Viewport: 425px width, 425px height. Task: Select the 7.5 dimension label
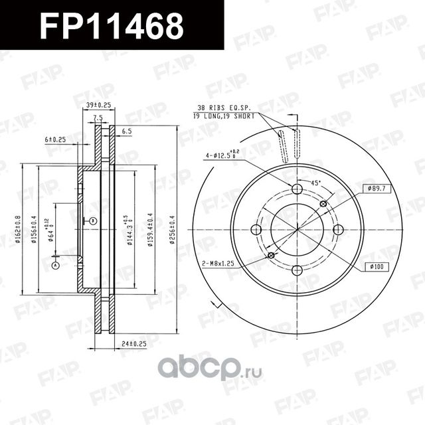(x=98, y=118)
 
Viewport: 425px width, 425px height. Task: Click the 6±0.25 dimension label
(x=55, y=139)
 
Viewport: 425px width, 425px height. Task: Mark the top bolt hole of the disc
(x=297, y=189)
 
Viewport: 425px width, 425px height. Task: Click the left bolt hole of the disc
(x=257, y=230)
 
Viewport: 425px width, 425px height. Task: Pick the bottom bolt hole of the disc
(x=297, y=270)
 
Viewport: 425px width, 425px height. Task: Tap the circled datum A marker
(x=55, y=266)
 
